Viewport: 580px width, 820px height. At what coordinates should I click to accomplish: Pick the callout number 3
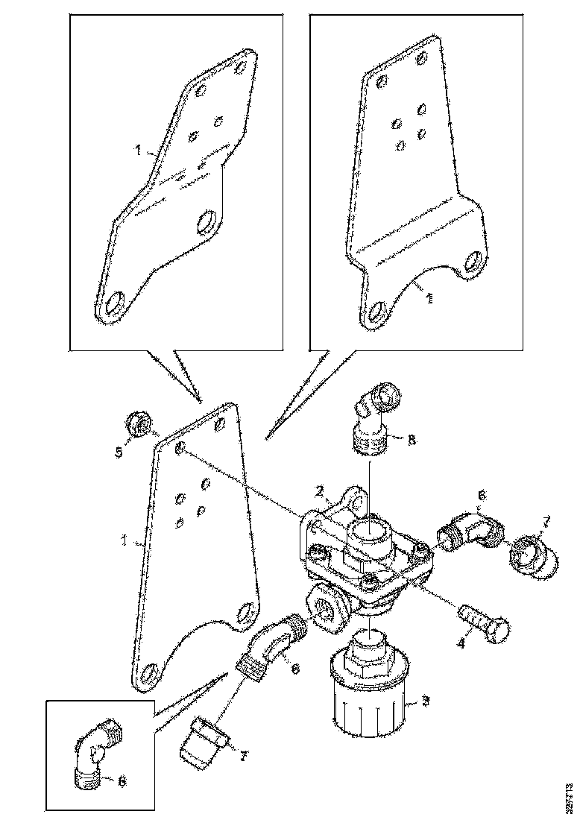425,700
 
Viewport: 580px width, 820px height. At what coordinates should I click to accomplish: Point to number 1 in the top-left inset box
139,151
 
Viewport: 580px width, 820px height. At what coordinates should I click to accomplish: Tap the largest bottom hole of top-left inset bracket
116,306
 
